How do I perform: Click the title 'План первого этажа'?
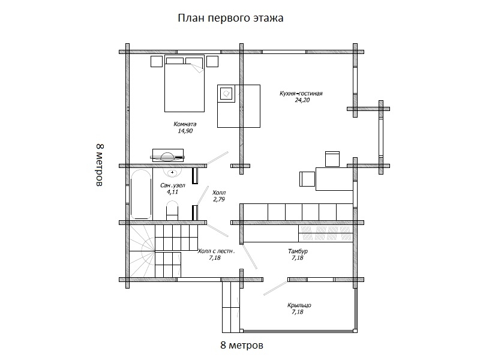(230, 18)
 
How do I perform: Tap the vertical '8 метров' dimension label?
(100, 166)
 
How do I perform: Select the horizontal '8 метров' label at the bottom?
(242, 346)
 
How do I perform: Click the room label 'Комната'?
(185, 124)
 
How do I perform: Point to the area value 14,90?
(185, 131)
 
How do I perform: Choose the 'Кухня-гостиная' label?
(301, 94)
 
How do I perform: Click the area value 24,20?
(301, 101)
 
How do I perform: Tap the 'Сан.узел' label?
(172, 186)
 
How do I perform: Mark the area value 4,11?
(172, 193)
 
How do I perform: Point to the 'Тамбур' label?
(298, 251)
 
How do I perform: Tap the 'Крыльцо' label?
(301, 305)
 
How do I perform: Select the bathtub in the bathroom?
(141, 195)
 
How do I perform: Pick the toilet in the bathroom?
(172, 211)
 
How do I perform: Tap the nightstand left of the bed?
(157, 61)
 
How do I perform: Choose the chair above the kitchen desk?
(332, 158)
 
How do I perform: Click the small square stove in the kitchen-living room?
(226, 93)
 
